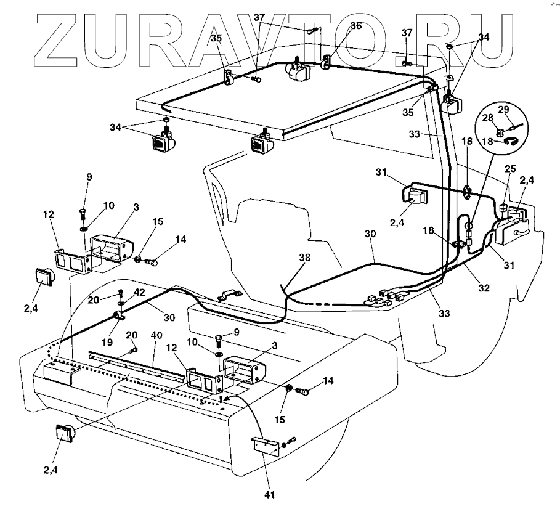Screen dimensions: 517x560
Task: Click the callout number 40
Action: click(x=157, y=335)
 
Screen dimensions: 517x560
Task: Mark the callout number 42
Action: click(x=140, y=294)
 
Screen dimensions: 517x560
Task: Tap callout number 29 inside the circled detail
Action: click(x=503, y=109)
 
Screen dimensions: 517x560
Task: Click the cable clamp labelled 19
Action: click(x=118, y=317)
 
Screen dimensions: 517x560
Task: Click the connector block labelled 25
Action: click(x=505, y=208)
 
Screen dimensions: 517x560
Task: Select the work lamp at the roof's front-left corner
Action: click(x=164, y=142)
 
